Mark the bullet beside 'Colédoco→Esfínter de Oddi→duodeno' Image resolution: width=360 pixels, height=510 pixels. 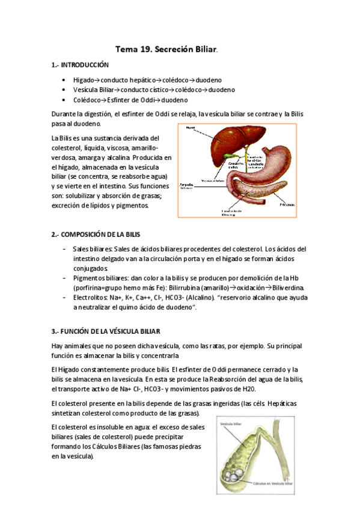click(64, 100)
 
